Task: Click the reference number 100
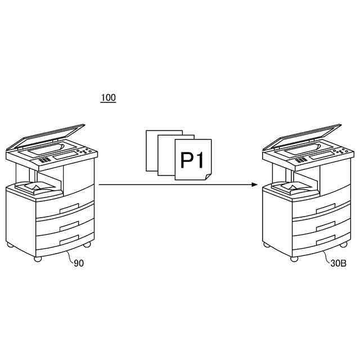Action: pyautogui.click(x=108, y=98)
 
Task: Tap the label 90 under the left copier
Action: pyautogui.click(x=79, y=263)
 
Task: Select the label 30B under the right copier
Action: pyautogui.click(x=339, y=263)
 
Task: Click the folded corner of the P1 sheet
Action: pyautogui.click(x=207, y=176)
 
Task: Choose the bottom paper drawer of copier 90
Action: pyautogui.click(x=65, y=240)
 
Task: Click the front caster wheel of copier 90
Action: pyautogui.click(x=38, y=259)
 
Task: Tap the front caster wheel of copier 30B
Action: pyautogui.click(x=294, y=259)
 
